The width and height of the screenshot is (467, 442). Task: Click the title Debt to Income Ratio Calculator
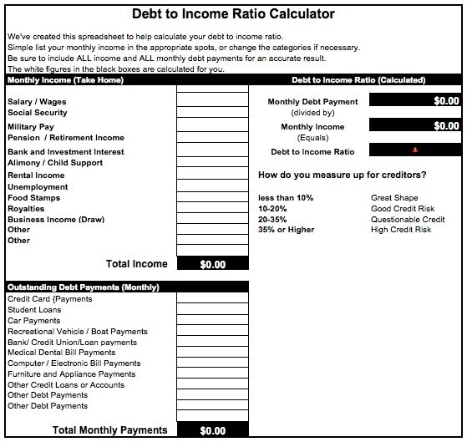[x=233, y=14]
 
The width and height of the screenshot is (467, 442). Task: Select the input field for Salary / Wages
[x=213, y=101]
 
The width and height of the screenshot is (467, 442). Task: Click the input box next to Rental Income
[x=213, y=176]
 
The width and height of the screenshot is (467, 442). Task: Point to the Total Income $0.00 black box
[x=213, y=264]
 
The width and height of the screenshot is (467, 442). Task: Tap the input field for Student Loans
[x=213, y=310]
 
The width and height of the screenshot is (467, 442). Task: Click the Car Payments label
[x=34, y=321]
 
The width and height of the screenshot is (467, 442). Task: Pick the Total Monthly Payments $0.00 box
[x=213, y=431]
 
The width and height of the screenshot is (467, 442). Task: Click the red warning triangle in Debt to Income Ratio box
[x=415, y=150]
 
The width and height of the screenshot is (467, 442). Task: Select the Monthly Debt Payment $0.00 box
[x=414, y=100]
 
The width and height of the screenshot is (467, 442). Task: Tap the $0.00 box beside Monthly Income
[x=414, y=125]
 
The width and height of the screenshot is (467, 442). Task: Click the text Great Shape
[x=393, y=197]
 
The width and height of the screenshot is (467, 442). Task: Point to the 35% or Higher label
[x=286, y=230]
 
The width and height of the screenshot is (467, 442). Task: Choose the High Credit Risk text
[x=401, y=230]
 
